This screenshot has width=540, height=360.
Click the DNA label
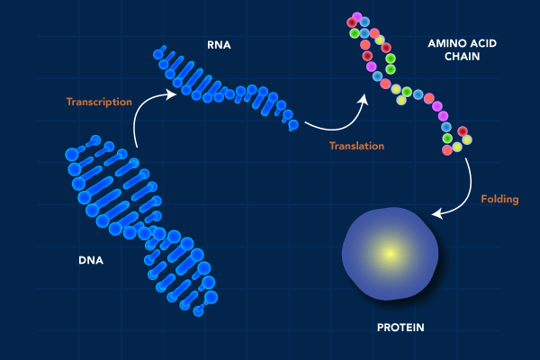(x=91, y=261)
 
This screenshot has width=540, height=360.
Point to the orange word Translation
(x=356, y=146)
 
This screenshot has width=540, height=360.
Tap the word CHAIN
(x=462, y=56)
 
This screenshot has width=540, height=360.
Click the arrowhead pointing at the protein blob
(x=437, y=214)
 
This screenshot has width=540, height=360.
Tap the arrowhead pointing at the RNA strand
(x=172, y=91)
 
